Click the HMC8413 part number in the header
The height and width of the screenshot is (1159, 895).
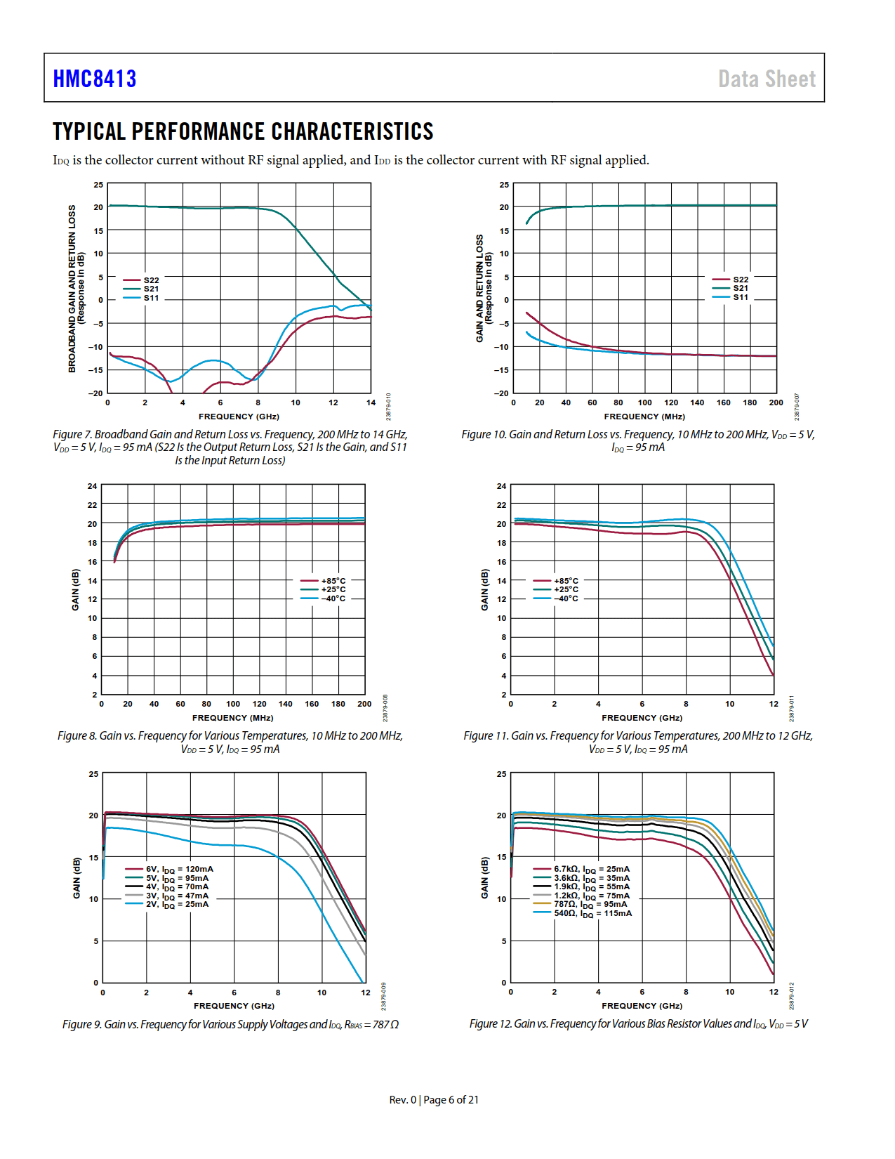(95, 79)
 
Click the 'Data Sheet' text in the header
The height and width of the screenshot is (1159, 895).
(767, 79)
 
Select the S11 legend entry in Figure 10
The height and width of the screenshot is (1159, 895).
(741, 297)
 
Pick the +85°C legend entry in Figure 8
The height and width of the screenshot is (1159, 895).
(333, 581)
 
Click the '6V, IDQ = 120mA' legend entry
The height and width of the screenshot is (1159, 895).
(179, 870)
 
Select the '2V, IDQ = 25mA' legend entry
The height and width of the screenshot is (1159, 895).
(177, 905)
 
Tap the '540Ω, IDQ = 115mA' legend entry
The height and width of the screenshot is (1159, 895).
(592, 914)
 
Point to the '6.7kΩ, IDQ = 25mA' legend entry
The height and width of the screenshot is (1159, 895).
(591, 870)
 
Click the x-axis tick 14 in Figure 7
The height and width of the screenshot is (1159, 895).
(371, 402)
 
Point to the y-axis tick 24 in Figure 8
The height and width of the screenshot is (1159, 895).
(93, 486)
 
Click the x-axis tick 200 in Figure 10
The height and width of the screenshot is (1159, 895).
(776, 402)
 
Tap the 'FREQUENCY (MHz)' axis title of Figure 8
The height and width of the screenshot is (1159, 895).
(233, 718)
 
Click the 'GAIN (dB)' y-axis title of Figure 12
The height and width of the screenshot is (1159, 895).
(484, 877)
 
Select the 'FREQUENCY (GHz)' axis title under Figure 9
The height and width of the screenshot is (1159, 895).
(234, 1006)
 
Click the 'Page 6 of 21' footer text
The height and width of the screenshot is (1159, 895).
(451, 1100)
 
